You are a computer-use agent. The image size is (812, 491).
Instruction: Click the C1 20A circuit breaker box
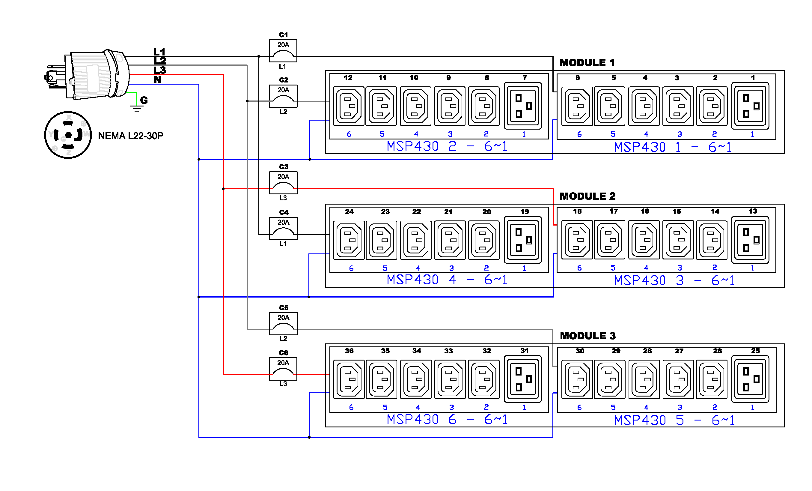click(283, 51)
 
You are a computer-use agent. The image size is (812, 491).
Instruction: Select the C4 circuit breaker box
click(283, 228)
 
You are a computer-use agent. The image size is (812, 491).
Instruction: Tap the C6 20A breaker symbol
click(283, 369)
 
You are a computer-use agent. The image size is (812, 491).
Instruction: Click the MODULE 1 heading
click(587, 63)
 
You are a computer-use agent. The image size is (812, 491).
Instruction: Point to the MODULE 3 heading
click(587, 336)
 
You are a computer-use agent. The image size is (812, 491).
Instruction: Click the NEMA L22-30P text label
click(130, 136)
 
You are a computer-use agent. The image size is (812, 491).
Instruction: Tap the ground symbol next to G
click(136, 108)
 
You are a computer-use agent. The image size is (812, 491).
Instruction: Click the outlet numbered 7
click(523, 106)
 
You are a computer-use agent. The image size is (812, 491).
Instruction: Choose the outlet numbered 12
click(349, 106)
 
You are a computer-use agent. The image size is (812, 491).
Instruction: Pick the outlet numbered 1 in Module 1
click(750, 106)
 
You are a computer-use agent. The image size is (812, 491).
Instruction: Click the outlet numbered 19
click(523, 240)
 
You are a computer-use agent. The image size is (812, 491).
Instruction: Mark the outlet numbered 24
click(349, 240)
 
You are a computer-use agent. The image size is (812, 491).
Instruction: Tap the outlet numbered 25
click(750, 379)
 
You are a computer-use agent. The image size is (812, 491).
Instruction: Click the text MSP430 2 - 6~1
click(447, 146)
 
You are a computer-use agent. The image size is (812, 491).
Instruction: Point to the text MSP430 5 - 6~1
click(674, 421)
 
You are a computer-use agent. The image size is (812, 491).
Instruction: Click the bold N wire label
click(158, 80)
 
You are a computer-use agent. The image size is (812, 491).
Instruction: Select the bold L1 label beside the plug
click(159, 52)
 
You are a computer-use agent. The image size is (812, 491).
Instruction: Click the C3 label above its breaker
click(284, 167)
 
